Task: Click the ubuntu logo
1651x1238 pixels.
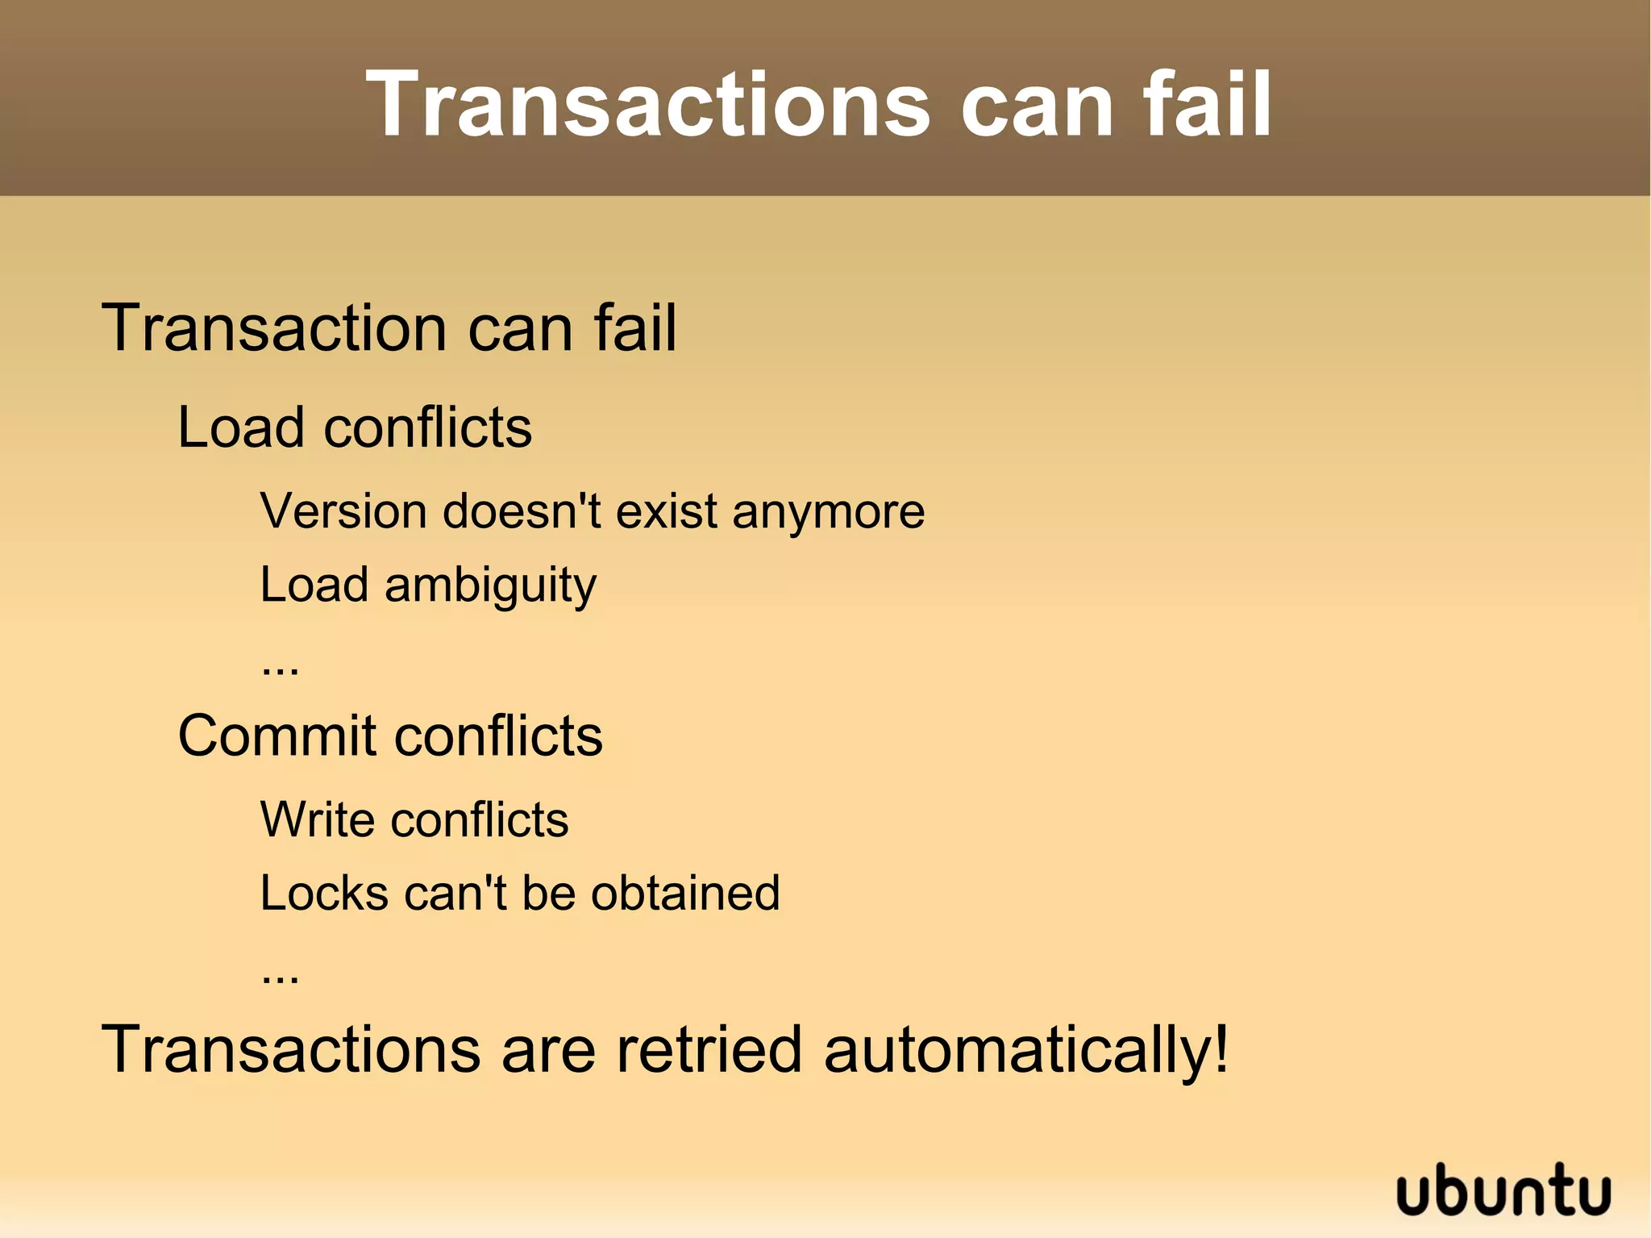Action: pyautogui.click(x=1503, y=1190)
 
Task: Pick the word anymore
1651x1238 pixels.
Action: pyautogui.click(x=828, y=513)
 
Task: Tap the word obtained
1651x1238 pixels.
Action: pyautogui.click(x=685, y=894)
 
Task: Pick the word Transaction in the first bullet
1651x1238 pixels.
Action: pyautogui.click(x=274, y=328)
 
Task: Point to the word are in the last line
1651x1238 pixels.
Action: pyautogui.click(x=548, y=1051)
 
